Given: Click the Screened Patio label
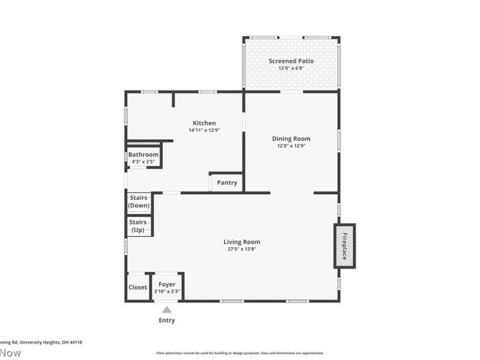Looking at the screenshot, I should pos(291,61).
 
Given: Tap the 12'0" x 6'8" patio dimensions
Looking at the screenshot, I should pos(291,68).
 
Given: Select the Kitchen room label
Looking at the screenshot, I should pos(203,123).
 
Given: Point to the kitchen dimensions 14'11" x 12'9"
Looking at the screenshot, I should pos(203,130).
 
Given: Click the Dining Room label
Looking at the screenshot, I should pos(293,139).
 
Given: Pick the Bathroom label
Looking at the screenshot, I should pos(143,155).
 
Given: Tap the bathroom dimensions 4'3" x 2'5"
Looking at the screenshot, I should pos(143,161).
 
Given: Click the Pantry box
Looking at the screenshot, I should pos(227,183).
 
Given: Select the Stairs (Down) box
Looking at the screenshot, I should pos(139,202).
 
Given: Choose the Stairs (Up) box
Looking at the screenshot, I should pos(139,226).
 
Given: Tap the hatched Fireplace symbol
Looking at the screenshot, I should pos(344,246).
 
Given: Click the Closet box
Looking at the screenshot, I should pos(138,287).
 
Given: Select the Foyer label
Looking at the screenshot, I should pos(167,284).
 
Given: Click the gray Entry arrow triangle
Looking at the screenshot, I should pos(167,310).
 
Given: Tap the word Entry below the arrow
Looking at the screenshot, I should pos(167,320).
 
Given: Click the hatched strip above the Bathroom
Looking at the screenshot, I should pos(144,144).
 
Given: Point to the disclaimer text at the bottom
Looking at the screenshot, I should pos(240,353).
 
